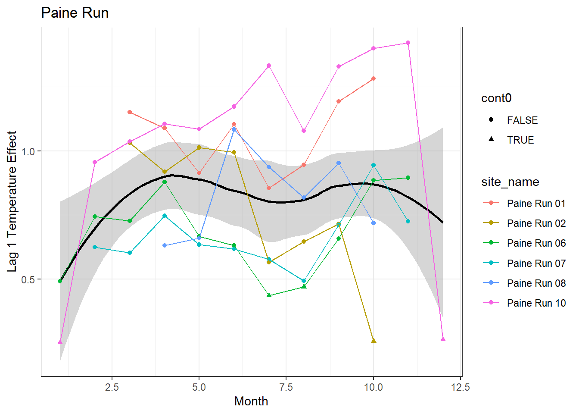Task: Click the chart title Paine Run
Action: pos(75,13)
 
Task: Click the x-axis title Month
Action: pos(251,401)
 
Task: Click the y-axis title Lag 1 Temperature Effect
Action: pos(12,201)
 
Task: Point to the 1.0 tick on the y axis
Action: pos(28,151)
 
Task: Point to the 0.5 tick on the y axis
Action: pos(28,279)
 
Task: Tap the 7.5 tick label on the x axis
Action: pos(286,387)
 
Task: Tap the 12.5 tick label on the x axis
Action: pos(461,387)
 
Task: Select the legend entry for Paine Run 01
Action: pos(536,204)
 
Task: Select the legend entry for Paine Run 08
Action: pos(536,283)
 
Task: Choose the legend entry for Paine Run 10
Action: pos(536,303)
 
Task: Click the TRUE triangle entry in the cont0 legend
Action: pos(520,140)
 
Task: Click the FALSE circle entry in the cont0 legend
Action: pos(522,120)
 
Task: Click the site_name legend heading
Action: pos(510,182)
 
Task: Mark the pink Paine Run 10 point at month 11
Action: pos(408,43)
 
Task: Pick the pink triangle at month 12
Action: pos(443,339)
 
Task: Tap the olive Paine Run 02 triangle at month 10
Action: pos(374,341)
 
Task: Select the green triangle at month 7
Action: pos(269,295)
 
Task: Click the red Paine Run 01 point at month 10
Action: pos(374,78)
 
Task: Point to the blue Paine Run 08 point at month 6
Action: pos(234,129)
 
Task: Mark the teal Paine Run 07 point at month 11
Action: pos(408,221)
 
